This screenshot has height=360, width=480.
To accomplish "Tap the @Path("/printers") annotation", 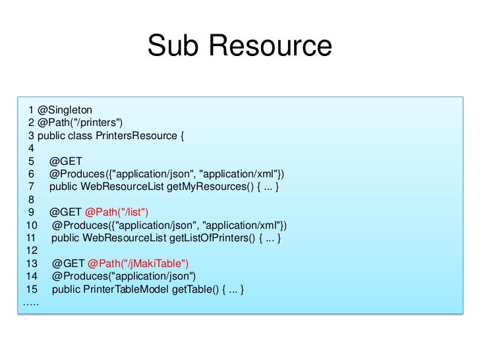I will coord(80,123).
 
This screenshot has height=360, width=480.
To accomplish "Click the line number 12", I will coord(30,250).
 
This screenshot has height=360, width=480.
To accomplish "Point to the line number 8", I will coord(31,199).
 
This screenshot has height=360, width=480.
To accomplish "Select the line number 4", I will coord(31,149).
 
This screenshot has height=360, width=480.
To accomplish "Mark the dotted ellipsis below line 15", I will coord(30,303).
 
